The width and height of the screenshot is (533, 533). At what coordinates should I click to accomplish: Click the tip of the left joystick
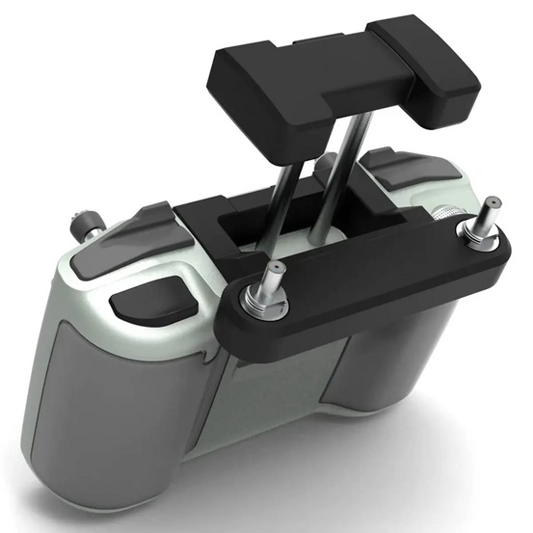tap(275, 267)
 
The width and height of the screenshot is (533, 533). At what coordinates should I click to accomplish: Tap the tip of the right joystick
tap(492, 203)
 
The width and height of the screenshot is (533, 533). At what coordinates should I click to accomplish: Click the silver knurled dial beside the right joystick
tap(445, 214)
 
